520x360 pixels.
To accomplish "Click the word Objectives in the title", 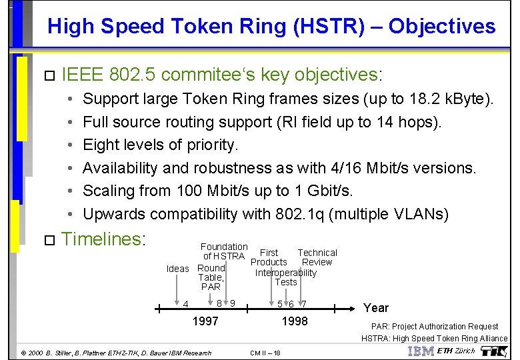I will pos(442,27).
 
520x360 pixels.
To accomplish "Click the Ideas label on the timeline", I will pos(177,269).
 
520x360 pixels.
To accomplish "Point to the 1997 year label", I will pos(205,321).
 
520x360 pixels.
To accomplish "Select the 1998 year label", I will pos(295,321).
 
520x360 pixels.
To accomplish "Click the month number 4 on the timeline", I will pos(185,305).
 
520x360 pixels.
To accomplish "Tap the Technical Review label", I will pos(317,257).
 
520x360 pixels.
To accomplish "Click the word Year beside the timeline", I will pos(375,307).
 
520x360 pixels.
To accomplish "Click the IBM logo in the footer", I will pos(420,351).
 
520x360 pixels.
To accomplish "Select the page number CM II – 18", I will pos(265,353).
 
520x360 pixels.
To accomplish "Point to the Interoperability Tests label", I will pos(285,277).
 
